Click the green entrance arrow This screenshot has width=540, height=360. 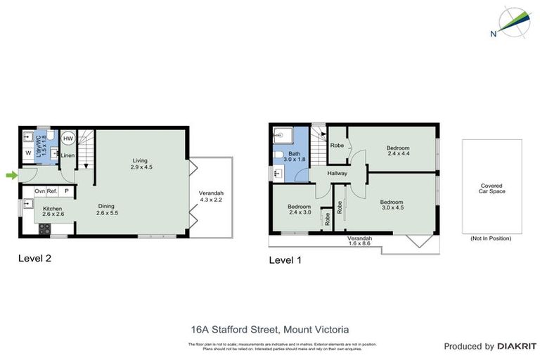coord(11,175)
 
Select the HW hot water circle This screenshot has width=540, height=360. coord(68,139)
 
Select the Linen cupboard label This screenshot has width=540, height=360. coord(67,155)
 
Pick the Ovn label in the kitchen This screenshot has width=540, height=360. coord(39,191)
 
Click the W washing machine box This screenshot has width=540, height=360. coord(28,153)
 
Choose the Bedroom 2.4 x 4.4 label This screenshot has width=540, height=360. coord(399,150)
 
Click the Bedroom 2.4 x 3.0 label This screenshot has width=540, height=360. coord(299,209)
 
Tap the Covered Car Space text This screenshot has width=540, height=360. coord(492,188)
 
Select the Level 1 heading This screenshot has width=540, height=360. coord(285,259)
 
